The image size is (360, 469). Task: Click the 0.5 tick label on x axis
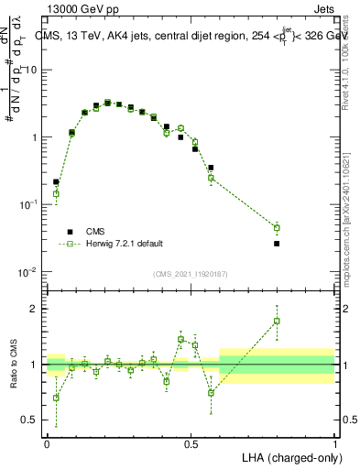191,442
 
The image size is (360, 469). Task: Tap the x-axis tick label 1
334,442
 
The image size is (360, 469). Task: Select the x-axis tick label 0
47,442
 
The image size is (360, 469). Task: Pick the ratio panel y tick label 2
35,309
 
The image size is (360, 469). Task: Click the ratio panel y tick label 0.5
31,420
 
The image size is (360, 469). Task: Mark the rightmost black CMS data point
277,244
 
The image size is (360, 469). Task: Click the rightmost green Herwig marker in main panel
277,227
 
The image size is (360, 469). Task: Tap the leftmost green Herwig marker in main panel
56,193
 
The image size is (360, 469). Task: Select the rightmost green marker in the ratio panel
277,321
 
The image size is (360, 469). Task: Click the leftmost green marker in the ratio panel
56,398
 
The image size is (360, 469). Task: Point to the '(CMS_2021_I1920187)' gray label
191,273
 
